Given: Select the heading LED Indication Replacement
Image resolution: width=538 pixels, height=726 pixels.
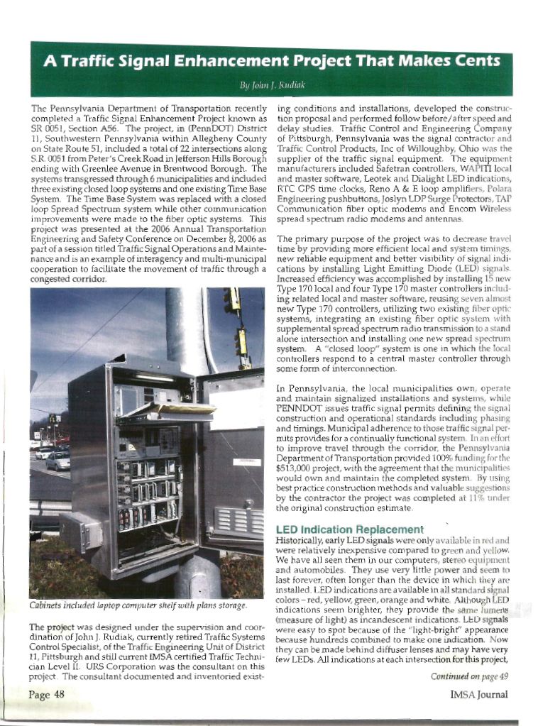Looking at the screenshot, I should [x=348, y=530].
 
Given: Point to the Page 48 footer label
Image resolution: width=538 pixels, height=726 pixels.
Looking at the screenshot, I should [x=47, y=694].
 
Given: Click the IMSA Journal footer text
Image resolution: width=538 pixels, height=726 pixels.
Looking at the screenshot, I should [x=479, y=694].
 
